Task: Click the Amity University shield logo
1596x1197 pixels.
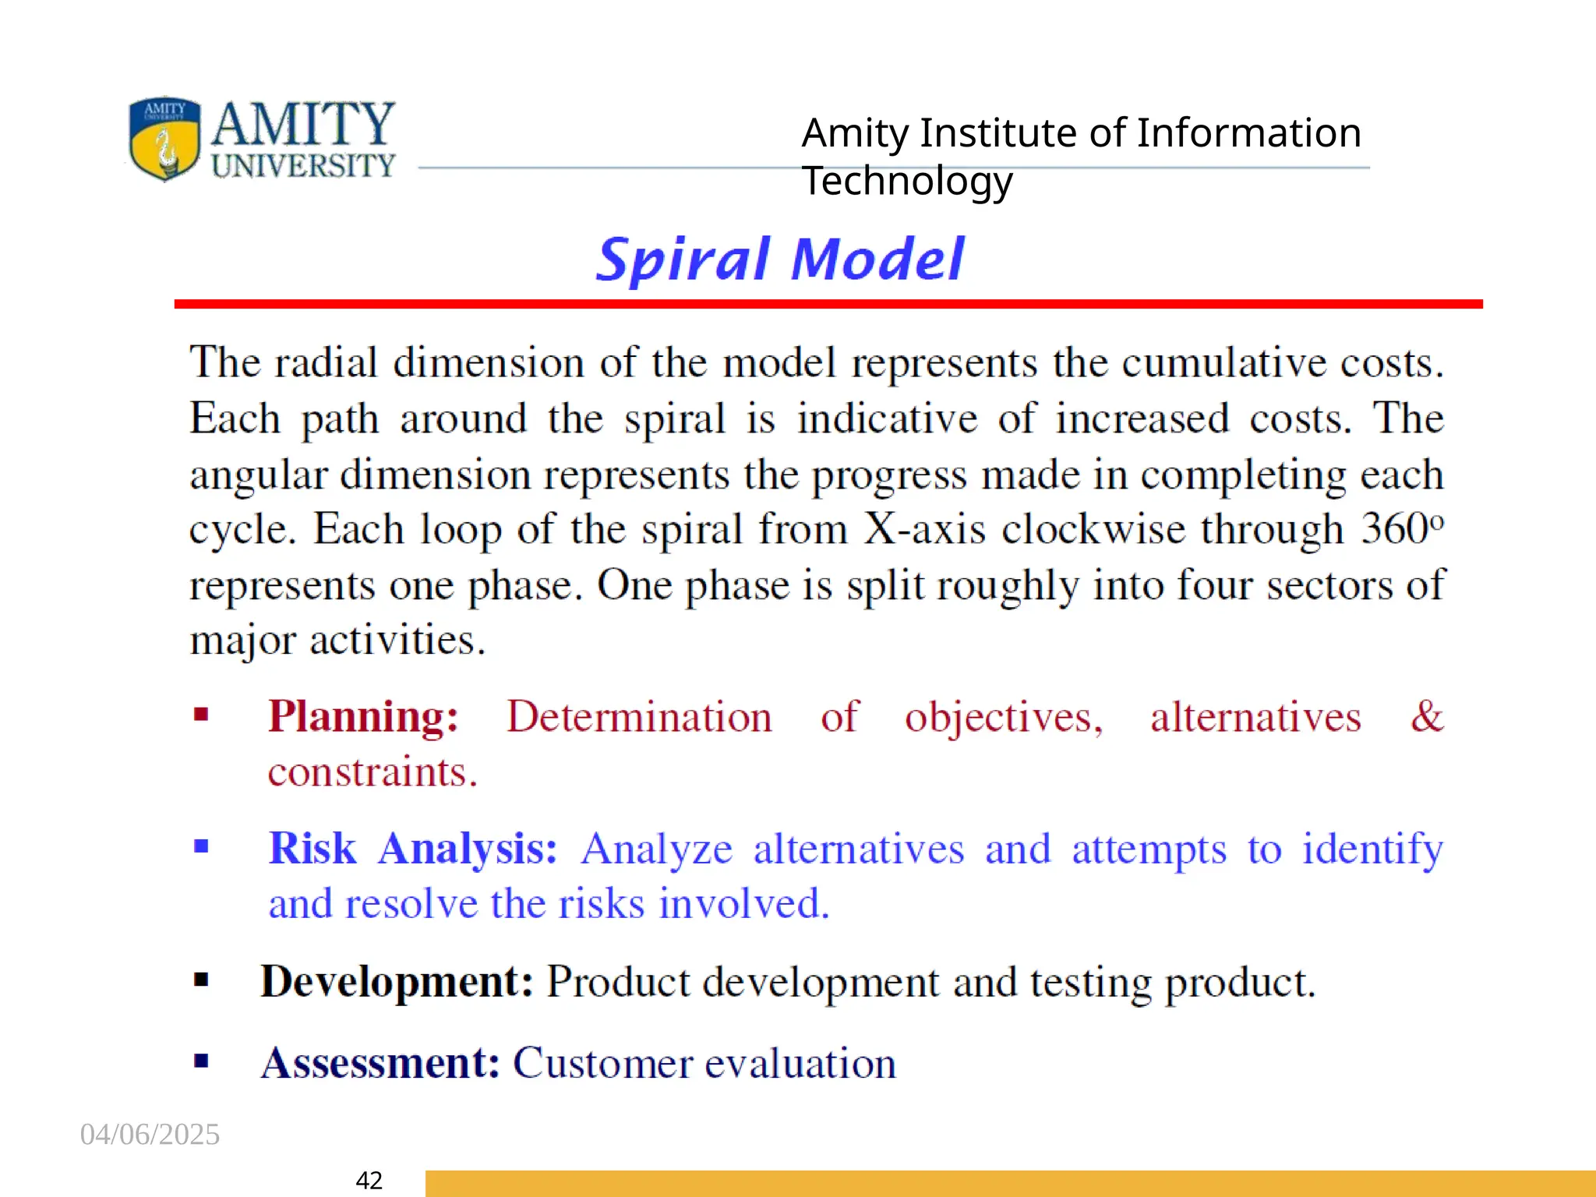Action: tap(164, 139)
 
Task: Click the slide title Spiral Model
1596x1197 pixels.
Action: tap(780, 260)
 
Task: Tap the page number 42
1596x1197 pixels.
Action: tap(369, 1180)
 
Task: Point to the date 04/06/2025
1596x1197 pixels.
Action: tap(150, 1134)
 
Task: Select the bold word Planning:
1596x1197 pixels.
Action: tap(363, 717)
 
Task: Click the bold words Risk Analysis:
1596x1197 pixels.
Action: tap(413, 849)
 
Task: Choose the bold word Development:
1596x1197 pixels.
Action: tap(397, 982)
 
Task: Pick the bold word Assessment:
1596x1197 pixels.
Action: tap(380, 1063)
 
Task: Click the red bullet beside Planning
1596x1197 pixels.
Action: tap(201, 714)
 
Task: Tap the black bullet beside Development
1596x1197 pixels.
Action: tap(201, 980)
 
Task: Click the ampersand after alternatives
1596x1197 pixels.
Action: tap(1426, 716)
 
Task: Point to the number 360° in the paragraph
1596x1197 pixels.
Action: tap(1402, 529)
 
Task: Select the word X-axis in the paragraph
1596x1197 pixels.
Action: tap(924, 529)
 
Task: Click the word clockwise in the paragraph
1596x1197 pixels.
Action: tap(1093, 529)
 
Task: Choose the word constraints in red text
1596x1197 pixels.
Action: tap(372, 772)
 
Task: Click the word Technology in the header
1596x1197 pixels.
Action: tap(907, 181)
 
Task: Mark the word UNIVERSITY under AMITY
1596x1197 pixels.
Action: tap(303, 165)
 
